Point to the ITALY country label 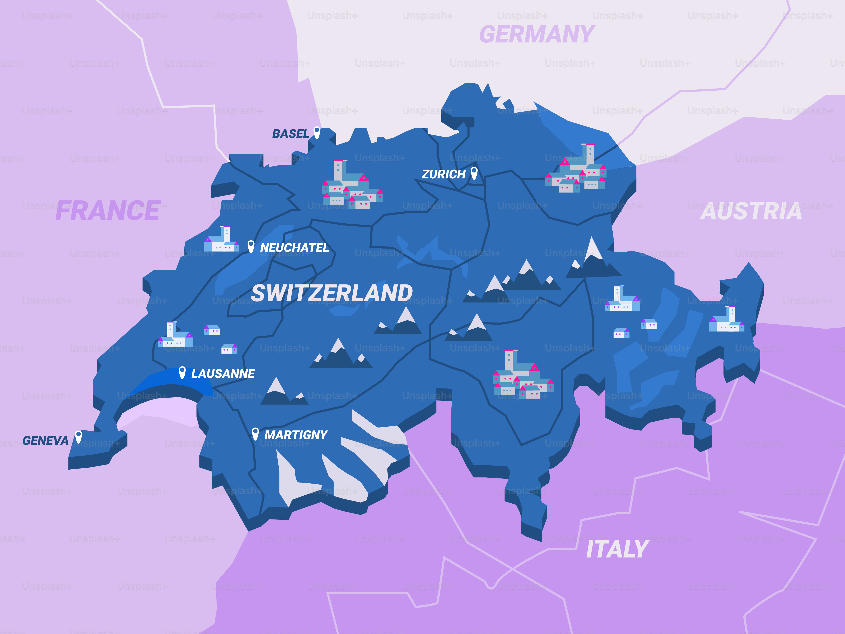[x=617, y=549]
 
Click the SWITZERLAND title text [x=332, y=293]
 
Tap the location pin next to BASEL [x=317, y=132]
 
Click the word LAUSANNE [x=223, y=374]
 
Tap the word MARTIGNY [x=296, y=435]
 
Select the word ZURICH [x=443, y=174]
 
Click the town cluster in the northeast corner [x=576, y=170]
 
